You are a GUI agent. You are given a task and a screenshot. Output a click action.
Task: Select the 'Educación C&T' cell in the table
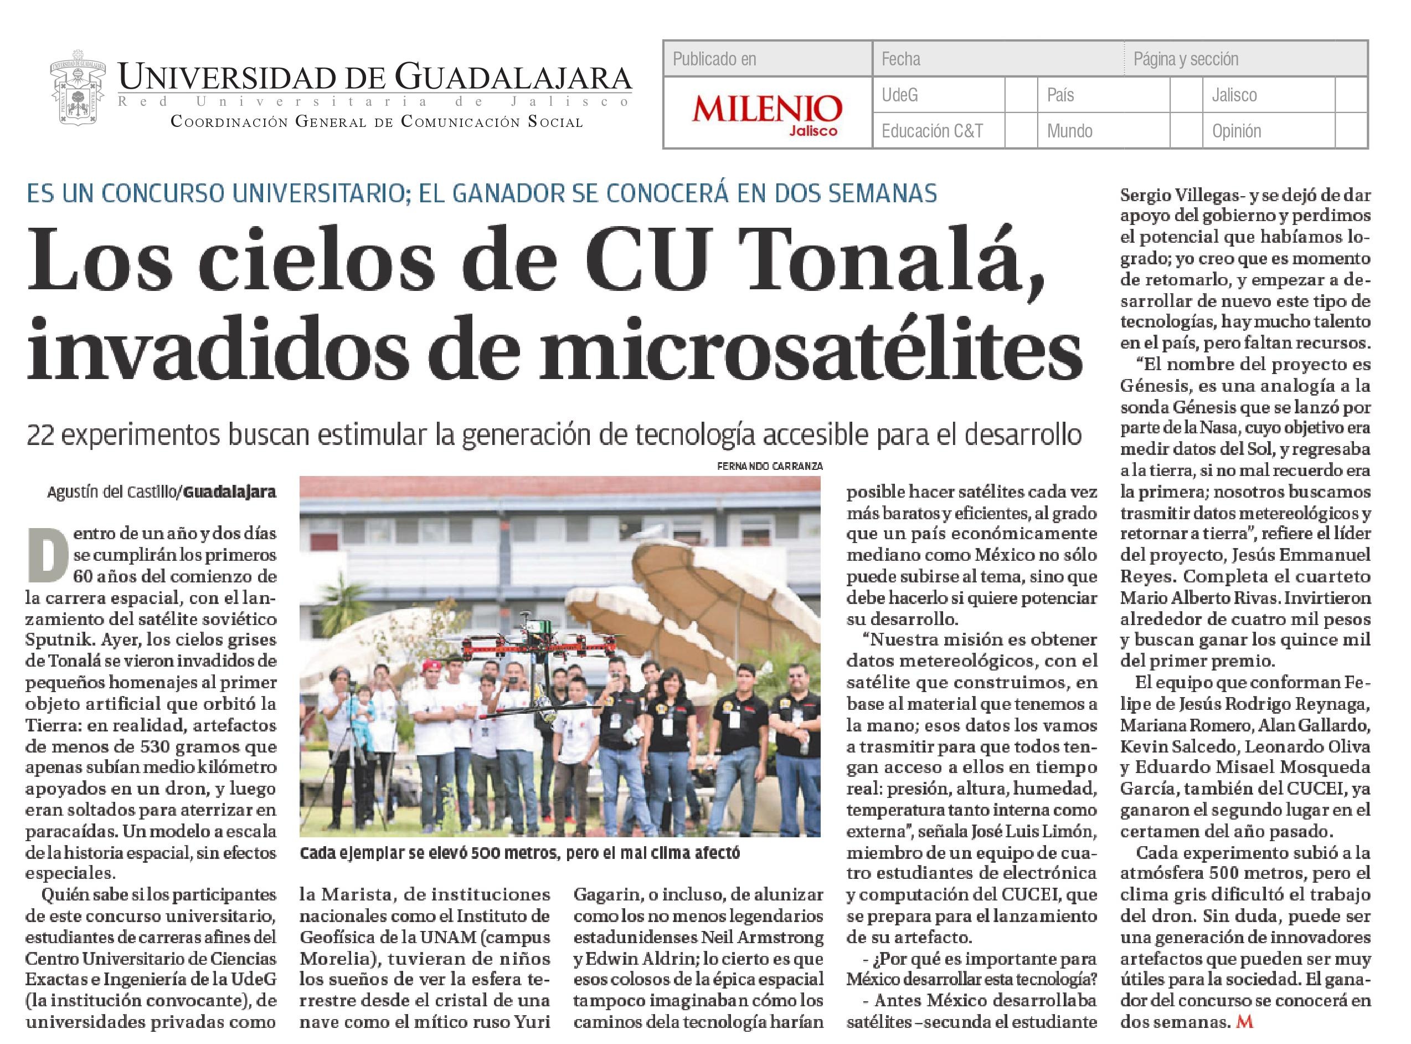(932, 131)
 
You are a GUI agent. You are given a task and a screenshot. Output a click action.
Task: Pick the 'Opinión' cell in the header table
(1236, 131)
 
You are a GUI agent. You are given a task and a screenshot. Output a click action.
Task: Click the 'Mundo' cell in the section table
(1069, 131)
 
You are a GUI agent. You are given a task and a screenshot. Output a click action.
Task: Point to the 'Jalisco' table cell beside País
(1234, 95)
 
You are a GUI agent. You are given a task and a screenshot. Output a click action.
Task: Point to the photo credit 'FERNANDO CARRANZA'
(769, 466)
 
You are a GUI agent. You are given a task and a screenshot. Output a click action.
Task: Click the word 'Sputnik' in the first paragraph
(53, 639)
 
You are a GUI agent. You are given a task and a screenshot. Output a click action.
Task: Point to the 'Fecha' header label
(900, 59)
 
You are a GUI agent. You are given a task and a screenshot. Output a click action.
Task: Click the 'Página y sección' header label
(1186, 59)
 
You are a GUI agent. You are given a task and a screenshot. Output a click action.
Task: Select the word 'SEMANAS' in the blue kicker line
(876, 193)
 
